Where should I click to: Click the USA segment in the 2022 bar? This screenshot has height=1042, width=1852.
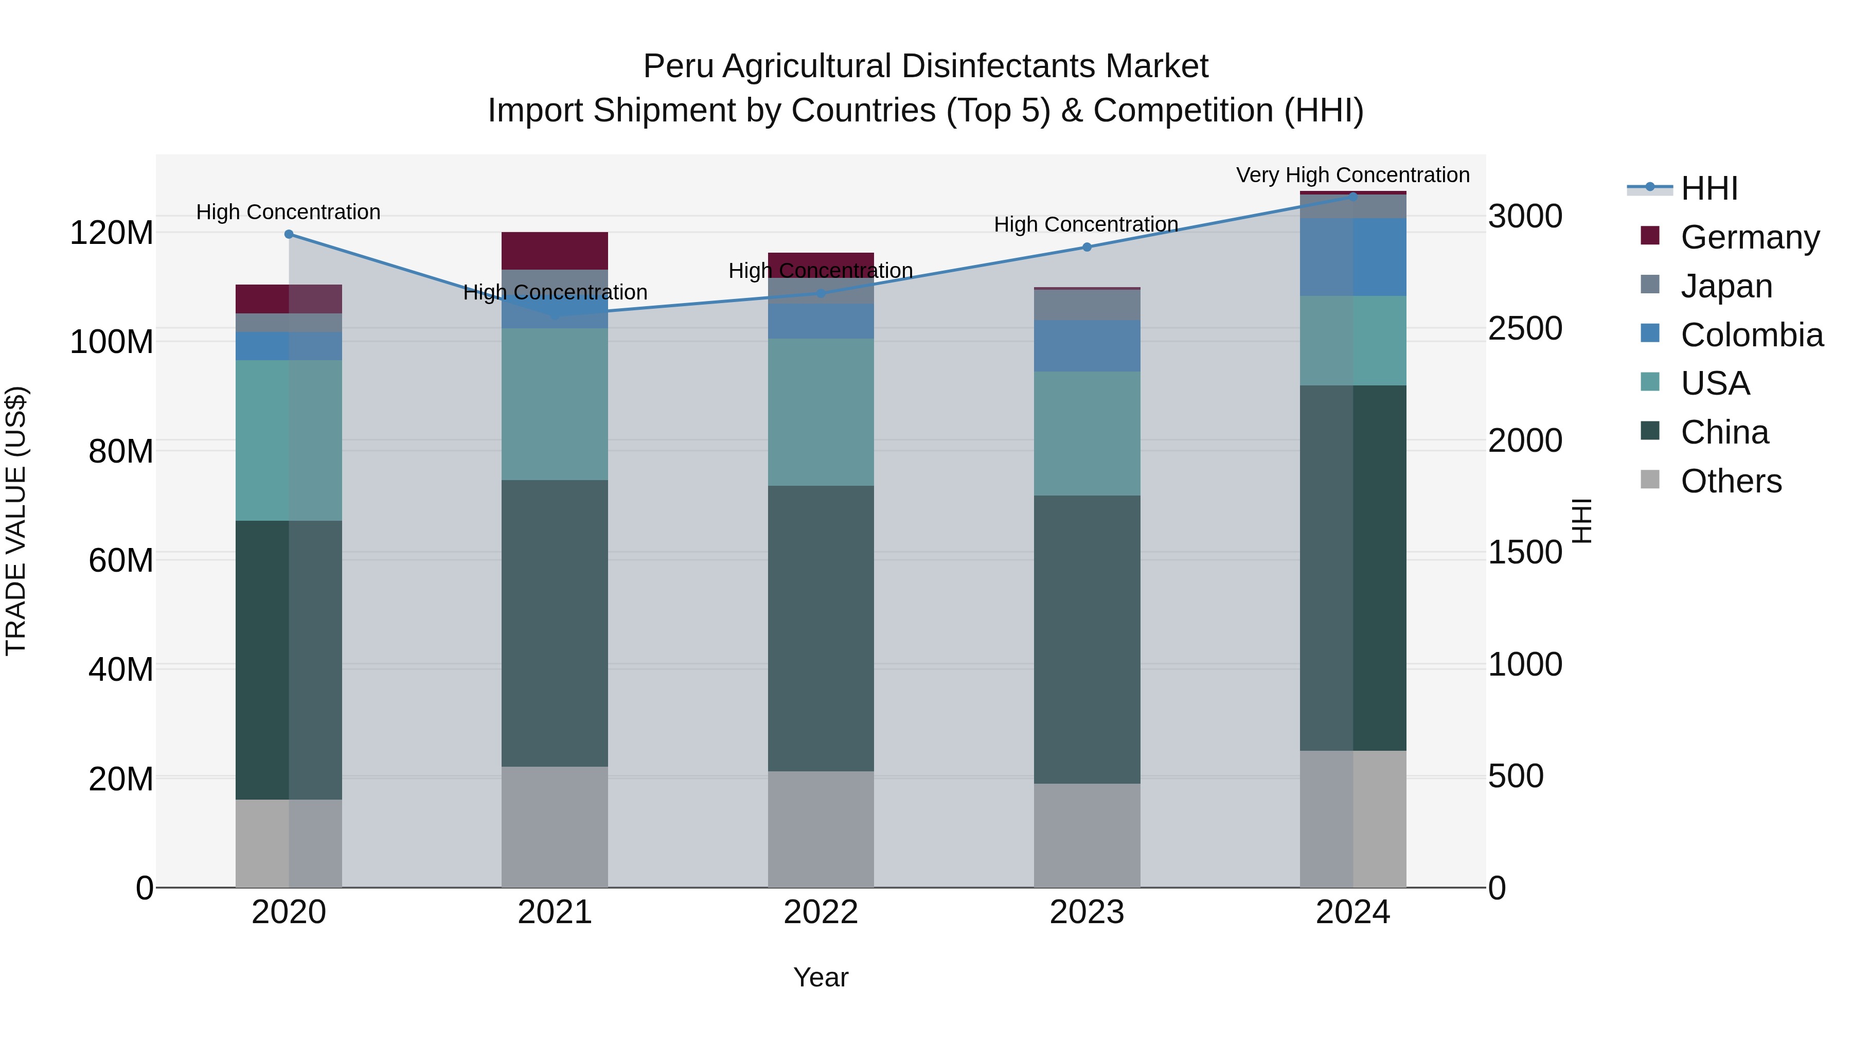coord(821,412)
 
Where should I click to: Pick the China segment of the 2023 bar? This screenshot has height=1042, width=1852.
coord(1087,639)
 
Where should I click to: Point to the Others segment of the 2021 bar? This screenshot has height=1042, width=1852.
coord(554,827)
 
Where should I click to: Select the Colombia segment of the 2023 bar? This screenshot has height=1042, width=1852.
coord(1087,346)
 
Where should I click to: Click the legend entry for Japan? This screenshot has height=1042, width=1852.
coord(1725,286)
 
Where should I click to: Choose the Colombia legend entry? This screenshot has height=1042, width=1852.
coord(1751,335)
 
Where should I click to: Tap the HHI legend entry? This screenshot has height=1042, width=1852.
coord(1709,188)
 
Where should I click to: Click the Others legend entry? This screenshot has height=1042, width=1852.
coord(1731,481)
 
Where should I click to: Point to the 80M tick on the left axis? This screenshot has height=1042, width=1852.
coord(121,452)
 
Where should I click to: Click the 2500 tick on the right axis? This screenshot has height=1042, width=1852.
coord(1525,329)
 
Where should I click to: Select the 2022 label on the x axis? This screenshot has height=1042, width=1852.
coord(821,912)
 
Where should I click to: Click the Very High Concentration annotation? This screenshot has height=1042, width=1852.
coord(1352,175)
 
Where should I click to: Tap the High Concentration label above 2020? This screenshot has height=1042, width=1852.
coord(288,212)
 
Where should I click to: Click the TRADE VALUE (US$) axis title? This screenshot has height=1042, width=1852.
coord(16,521)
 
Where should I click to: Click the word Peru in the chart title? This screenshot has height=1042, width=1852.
coord(677,67)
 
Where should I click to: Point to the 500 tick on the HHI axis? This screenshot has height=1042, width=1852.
coord(1516,776)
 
